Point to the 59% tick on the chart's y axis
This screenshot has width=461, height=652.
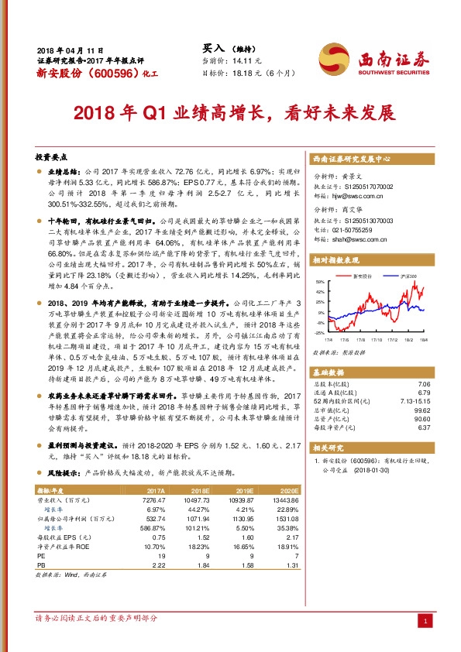coord(319,281)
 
